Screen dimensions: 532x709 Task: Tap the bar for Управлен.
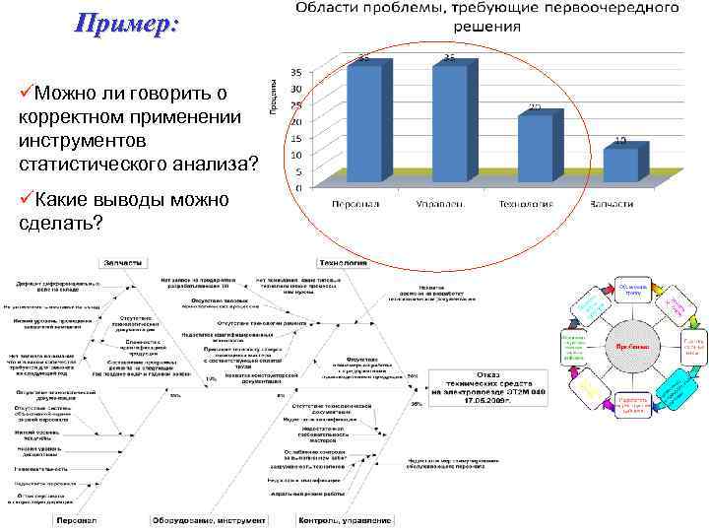tap(452, 123)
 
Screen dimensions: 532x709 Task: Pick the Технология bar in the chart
tap(536, 148)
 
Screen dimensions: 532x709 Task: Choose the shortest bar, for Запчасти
tap(620, 165)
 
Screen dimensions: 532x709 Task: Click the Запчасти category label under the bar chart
tap(611, 204)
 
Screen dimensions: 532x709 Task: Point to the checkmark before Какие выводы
tap(26, 200)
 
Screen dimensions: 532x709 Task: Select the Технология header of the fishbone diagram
tap(343, 262)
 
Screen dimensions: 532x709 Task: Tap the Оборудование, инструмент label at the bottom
tap(208, 520)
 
